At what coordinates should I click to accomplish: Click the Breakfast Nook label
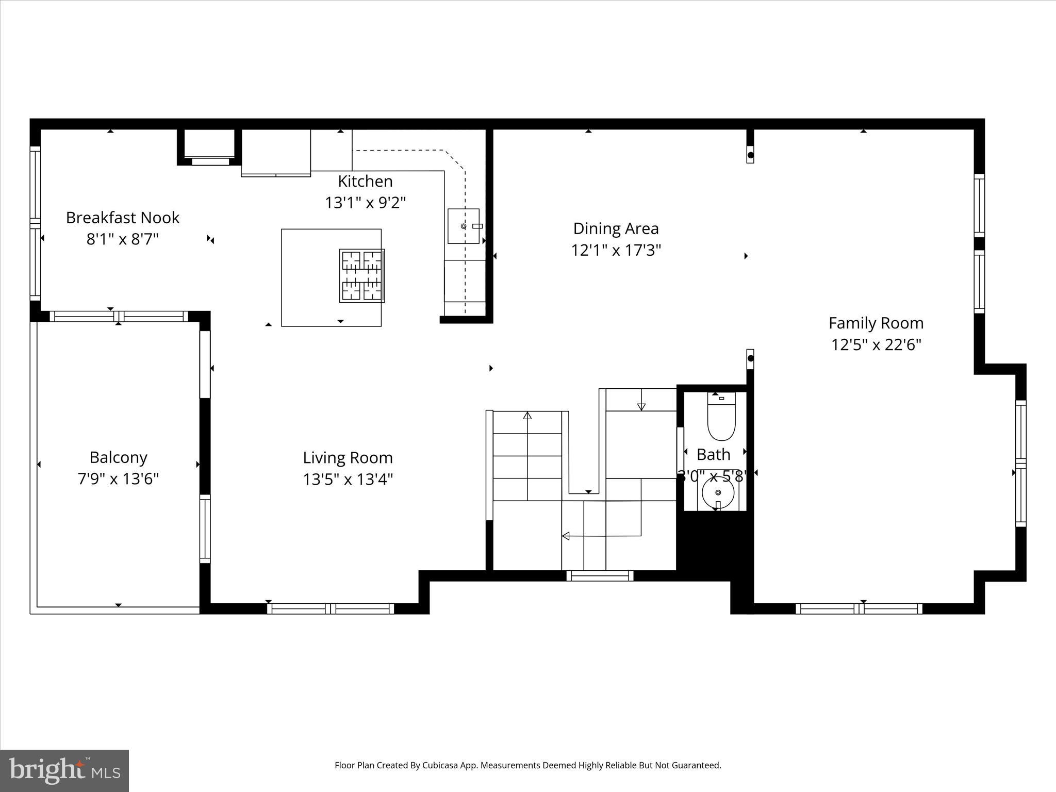[x=123, y=218]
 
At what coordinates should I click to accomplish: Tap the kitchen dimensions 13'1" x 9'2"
[x=365, y=203]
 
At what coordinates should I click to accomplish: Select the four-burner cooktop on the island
[x=362, y=275]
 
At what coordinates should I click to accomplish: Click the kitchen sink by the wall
[x=463, y=226]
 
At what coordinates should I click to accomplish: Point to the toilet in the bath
[x=721, y=418]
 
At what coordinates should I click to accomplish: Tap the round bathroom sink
[x=718, y=493]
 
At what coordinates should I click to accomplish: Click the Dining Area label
[x=616, y=228]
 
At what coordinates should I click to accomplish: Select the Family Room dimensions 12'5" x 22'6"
[x=876, y=344]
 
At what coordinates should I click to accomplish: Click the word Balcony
[x=118, y=457]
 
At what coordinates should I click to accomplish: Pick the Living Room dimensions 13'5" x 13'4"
[x=348, y=480]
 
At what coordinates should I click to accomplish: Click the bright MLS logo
[x=64, y=770]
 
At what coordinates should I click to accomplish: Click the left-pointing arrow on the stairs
[x=566, y=536]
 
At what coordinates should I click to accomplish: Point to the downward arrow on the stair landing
[x=641, y=406]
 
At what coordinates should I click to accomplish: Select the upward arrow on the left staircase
[x=527, y=416]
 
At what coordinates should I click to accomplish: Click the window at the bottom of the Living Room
[x=331, y=608]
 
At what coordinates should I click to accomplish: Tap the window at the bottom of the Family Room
[x=859, y=608]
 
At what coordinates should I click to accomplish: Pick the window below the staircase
[x=600, y=575]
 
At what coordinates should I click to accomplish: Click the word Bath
[x=713, y=455]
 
